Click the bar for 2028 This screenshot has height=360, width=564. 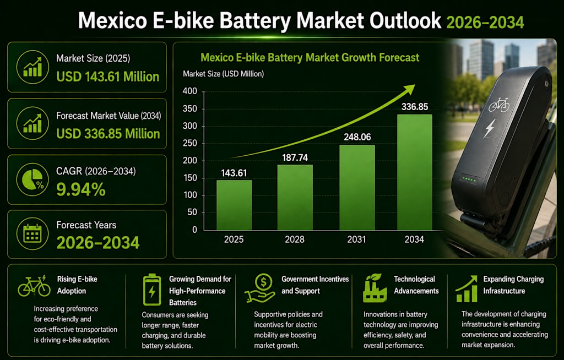[295, 198]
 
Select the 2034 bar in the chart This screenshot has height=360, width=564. [415, 172]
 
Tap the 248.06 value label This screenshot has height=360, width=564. [357, 137]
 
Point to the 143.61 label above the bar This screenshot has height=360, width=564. [234, 173]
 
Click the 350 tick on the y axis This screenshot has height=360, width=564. [190, 108]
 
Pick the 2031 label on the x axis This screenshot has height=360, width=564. [356, 239]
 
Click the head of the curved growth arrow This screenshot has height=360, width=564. [409, 90]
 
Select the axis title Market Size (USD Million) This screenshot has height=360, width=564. [224, 74]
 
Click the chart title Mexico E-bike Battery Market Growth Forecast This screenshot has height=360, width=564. [310, 58]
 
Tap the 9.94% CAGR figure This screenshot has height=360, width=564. [81, 189]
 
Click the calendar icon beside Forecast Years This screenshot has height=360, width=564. [32, 234]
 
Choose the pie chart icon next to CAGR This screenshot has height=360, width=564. [32, 179]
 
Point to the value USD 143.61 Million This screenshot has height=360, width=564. [108, 77]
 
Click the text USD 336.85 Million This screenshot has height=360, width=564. [109, 134]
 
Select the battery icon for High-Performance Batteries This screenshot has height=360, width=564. [152, 290]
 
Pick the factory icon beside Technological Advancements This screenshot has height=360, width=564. [375, 288]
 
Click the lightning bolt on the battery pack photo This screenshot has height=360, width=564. [489, 128]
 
